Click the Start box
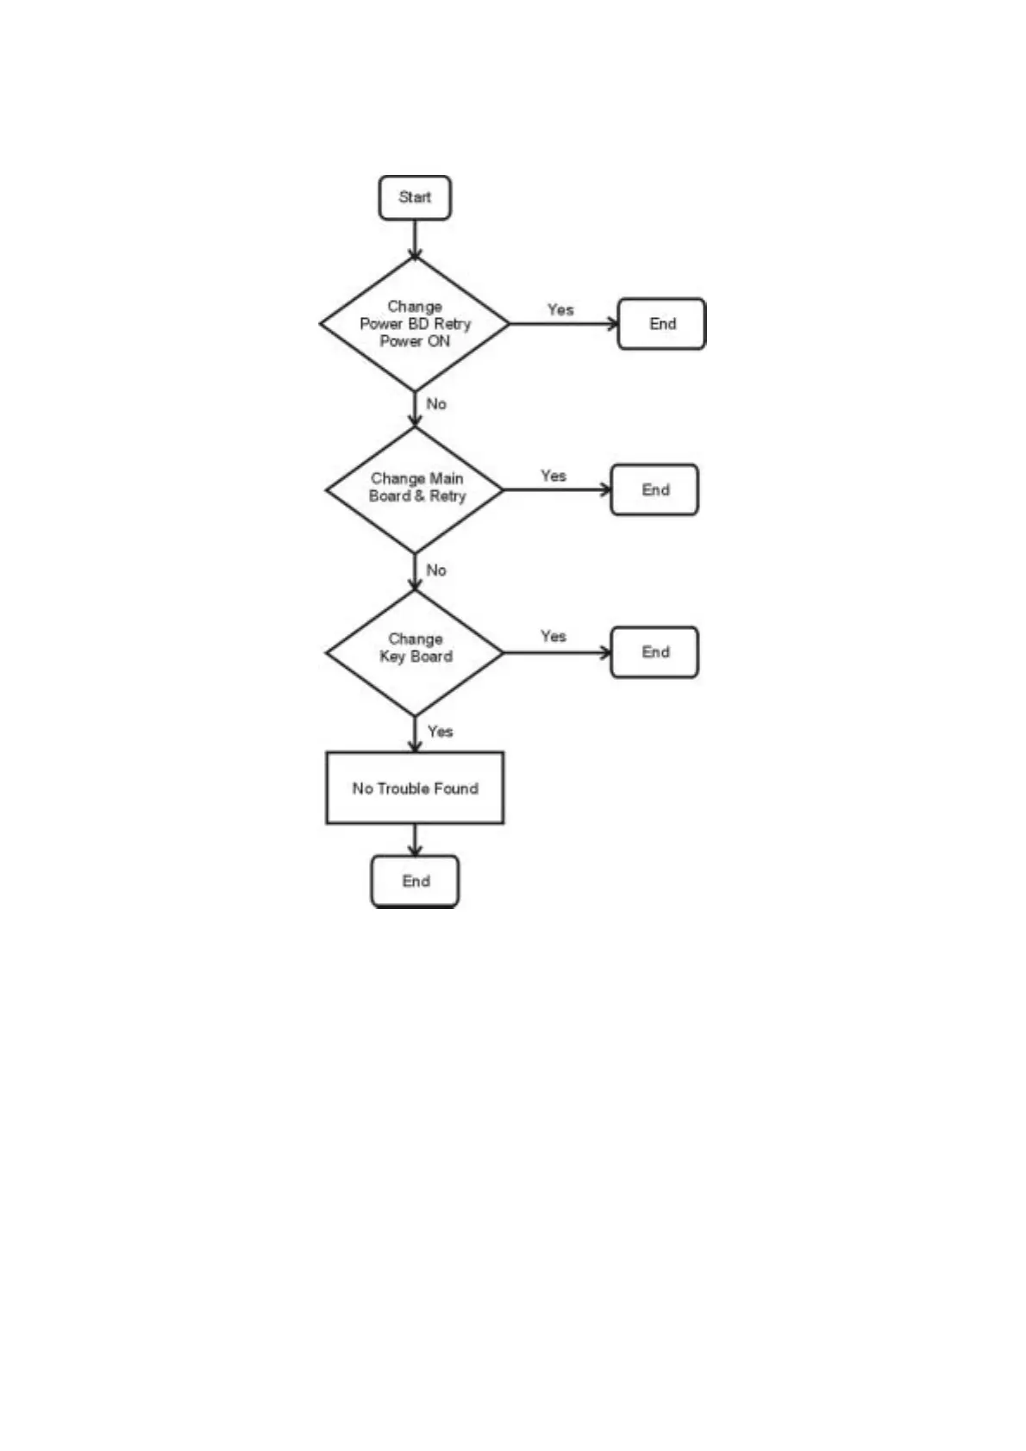pos(415,197)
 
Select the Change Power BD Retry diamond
pos(415,324)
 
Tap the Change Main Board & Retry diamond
pos(415,489)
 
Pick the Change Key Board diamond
pos(415,652)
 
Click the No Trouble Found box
pos(415,788)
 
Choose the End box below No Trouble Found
pos(415,881)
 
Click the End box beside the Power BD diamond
pos(661,324)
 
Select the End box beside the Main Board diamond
pos(654,489)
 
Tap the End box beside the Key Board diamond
pos(654,652)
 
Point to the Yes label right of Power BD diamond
pos(560,309)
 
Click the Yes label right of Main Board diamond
pos(554,476)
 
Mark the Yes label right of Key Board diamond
pos(554,636)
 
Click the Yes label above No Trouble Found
pos(440,732)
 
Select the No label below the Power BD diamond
pos(436,404)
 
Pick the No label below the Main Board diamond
pos(436,570)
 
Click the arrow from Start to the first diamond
pos(415,239)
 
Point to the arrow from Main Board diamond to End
pos(556,489)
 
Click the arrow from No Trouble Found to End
pos(415,839)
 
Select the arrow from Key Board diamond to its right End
pos(556,652)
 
